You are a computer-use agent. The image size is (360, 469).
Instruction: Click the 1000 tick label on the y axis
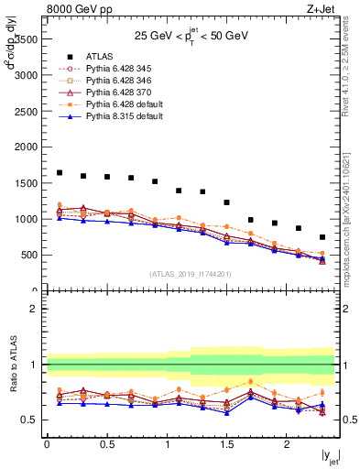click(28, 219)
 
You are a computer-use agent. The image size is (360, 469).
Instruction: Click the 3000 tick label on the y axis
click(28, 75)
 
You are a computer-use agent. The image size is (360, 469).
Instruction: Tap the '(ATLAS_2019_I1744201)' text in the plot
click(190, 274)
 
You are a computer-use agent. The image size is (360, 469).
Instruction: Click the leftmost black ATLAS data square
click(60, 172)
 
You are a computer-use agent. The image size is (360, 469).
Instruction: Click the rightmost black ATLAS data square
click(322, 237)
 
